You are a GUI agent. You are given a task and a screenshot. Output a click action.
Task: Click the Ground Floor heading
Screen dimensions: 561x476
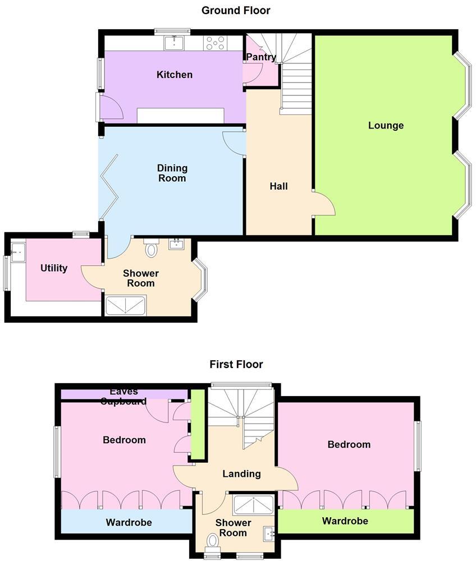(x=236, y=10)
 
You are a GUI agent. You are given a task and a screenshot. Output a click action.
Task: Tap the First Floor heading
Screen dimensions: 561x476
(x=236, y=365)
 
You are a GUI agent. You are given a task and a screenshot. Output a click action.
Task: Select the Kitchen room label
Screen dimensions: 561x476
(x=175, y=75)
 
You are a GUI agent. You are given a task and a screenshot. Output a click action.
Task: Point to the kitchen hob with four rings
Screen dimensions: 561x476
(x=215, y=43)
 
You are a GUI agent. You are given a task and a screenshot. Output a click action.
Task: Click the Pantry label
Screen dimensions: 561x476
(x=261, y=57)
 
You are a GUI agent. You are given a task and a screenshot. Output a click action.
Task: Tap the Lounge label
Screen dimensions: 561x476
(x=386, y=125)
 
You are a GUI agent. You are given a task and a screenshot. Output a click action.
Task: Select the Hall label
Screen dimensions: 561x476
(x=278, y=186)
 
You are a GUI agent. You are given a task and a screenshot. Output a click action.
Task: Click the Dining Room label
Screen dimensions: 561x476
(x=172, y=173)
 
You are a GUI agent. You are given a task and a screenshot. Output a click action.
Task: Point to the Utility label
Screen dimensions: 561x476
(x=54, y=268)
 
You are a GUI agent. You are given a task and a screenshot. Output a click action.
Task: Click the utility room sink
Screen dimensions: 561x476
(x=17, y=252)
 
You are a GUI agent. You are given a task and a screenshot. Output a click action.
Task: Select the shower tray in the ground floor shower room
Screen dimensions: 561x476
(x=126, y=305)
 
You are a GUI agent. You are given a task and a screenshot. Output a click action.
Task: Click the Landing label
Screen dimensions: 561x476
(x=241, y=473)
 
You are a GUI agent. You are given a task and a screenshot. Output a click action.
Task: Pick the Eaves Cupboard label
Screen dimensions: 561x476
(x=124, y=396)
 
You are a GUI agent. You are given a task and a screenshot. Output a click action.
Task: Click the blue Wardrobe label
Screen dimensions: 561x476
(x=129, y=522)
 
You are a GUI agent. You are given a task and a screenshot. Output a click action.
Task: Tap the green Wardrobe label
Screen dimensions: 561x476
(x=345, y=521)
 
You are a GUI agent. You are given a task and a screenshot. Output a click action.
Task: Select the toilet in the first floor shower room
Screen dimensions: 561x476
(x=213, y=541)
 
